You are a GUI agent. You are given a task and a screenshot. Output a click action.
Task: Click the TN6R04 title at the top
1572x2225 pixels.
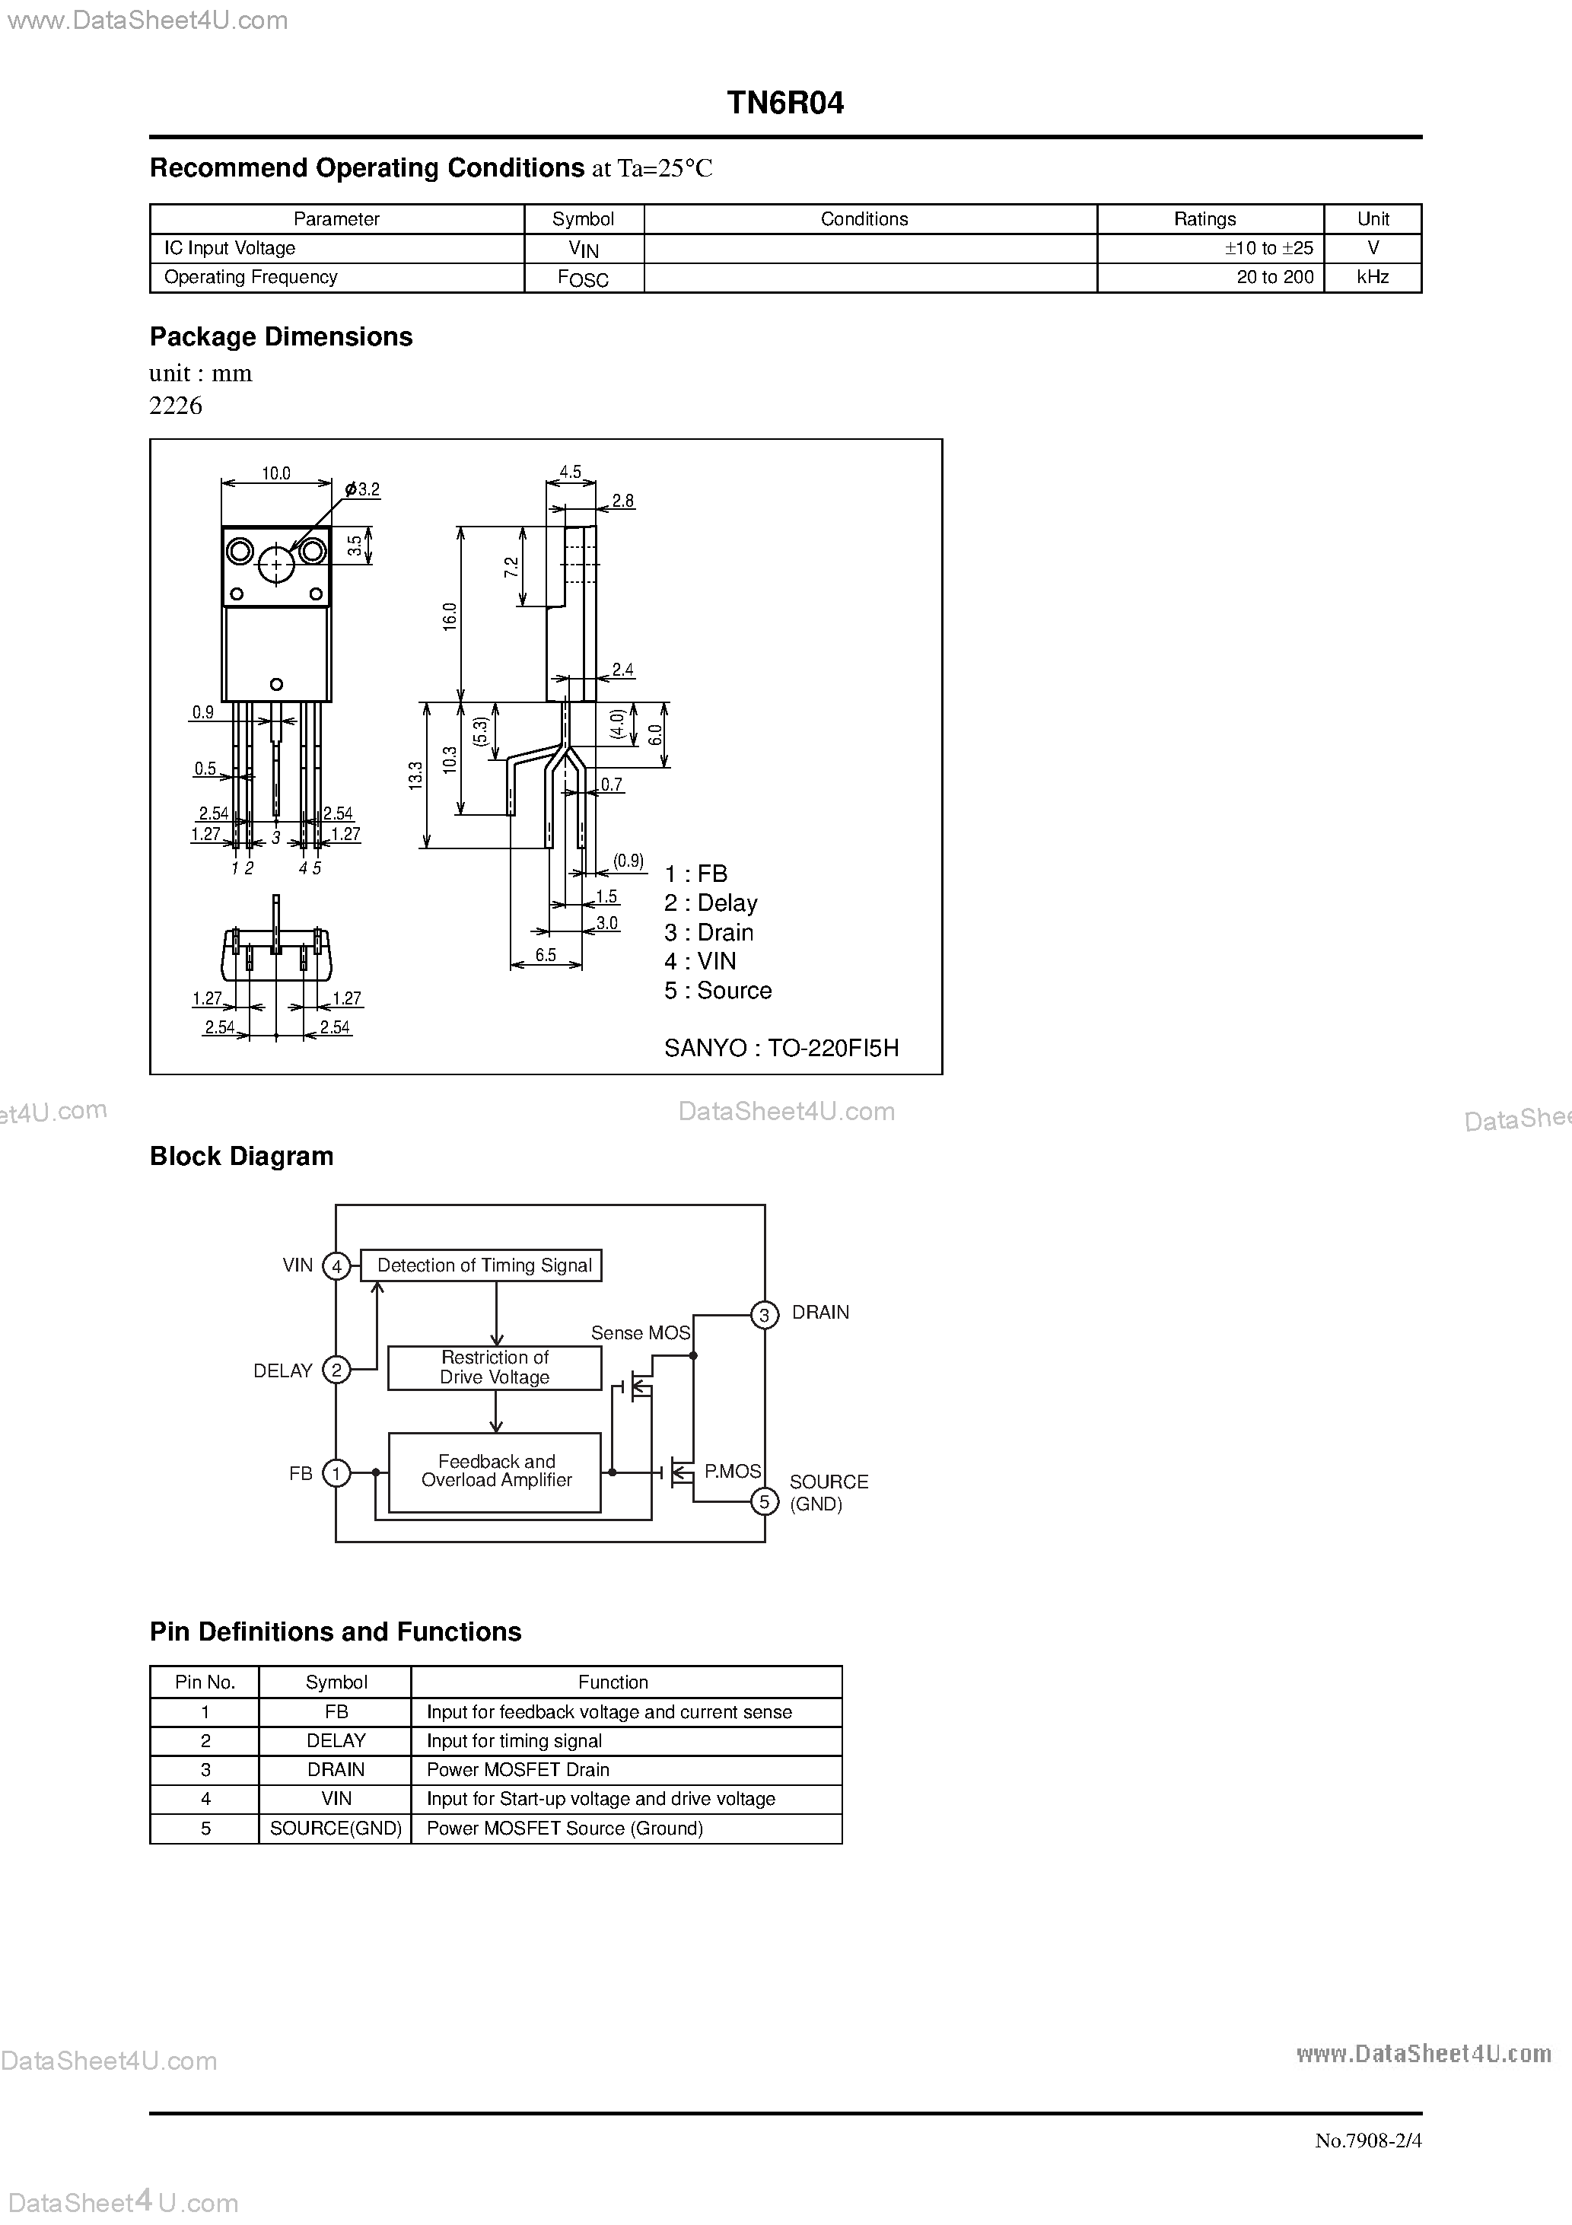pyautogui.click(x=785, y=103)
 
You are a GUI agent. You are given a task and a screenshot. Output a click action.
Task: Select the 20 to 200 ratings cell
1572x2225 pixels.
pyautogui.click(x=1274, y=277)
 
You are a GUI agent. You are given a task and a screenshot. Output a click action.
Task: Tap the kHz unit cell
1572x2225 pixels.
pyautogui.click(x=1373, y=277)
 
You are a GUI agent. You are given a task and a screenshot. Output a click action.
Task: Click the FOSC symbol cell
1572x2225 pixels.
pyautogui.click(x=584, y=279)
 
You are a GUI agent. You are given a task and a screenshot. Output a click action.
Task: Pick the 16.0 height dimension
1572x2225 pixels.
pyautogui.click(x=450, y=616)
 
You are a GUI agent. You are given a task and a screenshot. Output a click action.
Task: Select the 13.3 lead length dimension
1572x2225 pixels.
pyautogui.click(x=415, y=775)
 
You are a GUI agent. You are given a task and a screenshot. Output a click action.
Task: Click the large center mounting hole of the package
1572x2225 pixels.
pyautogui.click(x=276, y=565)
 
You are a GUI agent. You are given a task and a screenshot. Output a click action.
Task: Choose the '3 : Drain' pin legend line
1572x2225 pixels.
pyautogui.click(x=708, y=932)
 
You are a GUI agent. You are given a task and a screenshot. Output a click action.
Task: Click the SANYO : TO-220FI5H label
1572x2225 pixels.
pyautogui.click(x=781, y=1048)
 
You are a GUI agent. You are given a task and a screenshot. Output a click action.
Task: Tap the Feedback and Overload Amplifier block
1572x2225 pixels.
pyautogui.click(x=495, y=1471)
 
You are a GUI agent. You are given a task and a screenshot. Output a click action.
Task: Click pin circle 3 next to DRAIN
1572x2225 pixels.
pyautogui.click(x=765, y=1315)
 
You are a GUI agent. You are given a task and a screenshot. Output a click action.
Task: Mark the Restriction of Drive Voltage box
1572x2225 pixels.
pyautogui.click(x=495, y=1367)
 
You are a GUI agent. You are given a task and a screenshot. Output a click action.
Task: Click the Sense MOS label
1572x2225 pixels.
pyautogui.click(x=640, y=1332)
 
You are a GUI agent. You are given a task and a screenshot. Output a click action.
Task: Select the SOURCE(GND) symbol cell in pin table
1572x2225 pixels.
pyautogui.click(x=336, y=1828)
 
